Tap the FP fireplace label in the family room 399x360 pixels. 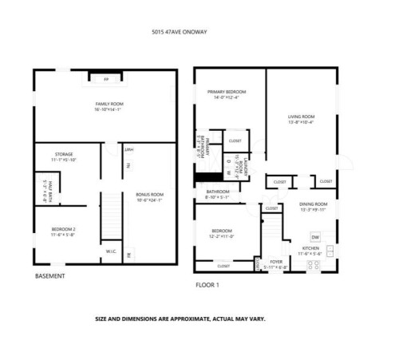[105, 80]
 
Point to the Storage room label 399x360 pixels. [64, 156]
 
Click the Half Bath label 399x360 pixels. [44, 189]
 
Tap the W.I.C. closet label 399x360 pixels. [111, 254]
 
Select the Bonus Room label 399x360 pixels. [149, 196]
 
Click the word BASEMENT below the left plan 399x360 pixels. [50, 276]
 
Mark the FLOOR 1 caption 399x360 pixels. [207, 285]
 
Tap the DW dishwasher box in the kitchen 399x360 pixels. [315, 237]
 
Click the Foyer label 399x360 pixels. [276, 263]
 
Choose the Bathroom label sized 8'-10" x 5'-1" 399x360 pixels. [218, 194]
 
